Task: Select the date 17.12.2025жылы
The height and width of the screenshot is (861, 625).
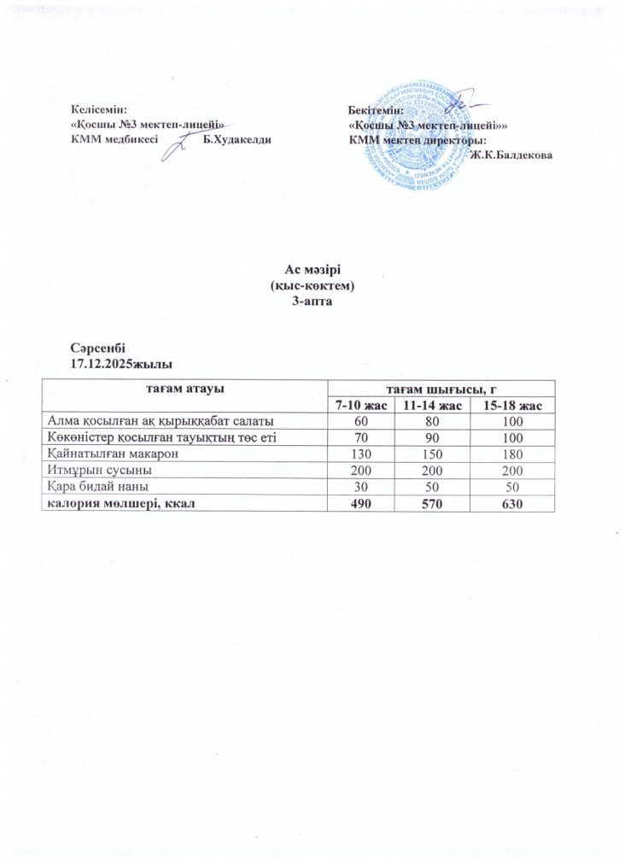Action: (115, 362)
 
